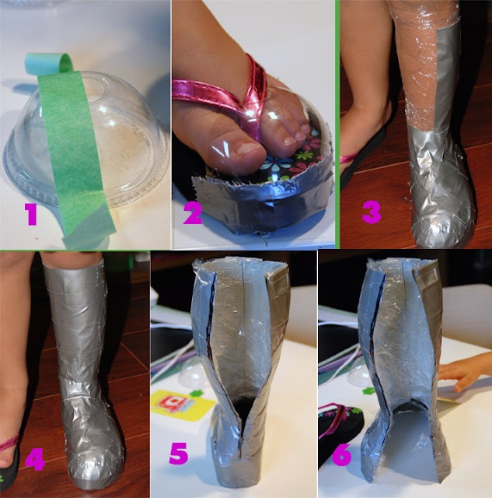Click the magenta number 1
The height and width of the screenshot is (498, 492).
(x=32, y=215)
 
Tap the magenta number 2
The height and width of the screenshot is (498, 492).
(x=193, y=213)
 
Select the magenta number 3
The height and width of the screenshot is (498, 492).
(x=372, y=212)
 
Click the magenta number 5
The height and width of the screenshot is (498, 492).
(x=179, y=454)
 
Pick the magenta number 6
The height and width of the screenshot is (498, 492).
(x=342, y=454)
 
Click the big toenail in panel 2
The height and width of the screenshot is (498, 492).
(x=249, y=149)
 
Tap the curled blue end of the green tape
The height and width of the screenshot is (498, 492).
(x=47, y=63)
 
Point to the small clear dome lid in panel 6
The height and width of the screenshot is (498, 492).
(x=357, y=373)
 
